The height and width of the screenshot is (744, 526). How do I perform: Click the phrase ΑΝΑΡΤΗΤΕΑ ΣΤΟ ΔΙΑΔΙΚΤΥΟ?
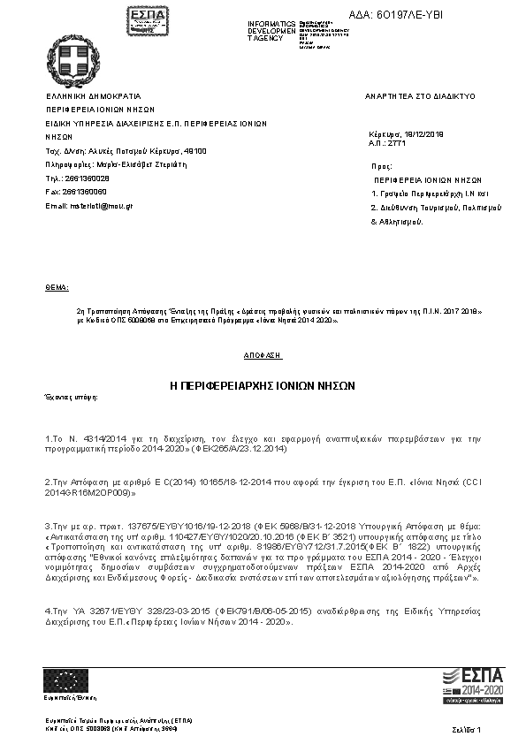420,95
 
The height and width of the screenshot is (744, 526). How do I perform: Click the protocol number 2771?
396,143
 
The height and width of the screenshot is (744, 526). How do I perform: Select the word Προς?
382,165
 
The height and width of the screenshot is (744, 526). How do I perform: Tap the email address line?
89,206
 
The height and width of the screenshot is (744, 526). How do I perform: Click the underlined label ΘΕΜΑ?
56,288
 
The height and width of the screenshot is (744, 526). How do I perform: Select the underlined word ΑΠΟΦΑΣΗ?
263,354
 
